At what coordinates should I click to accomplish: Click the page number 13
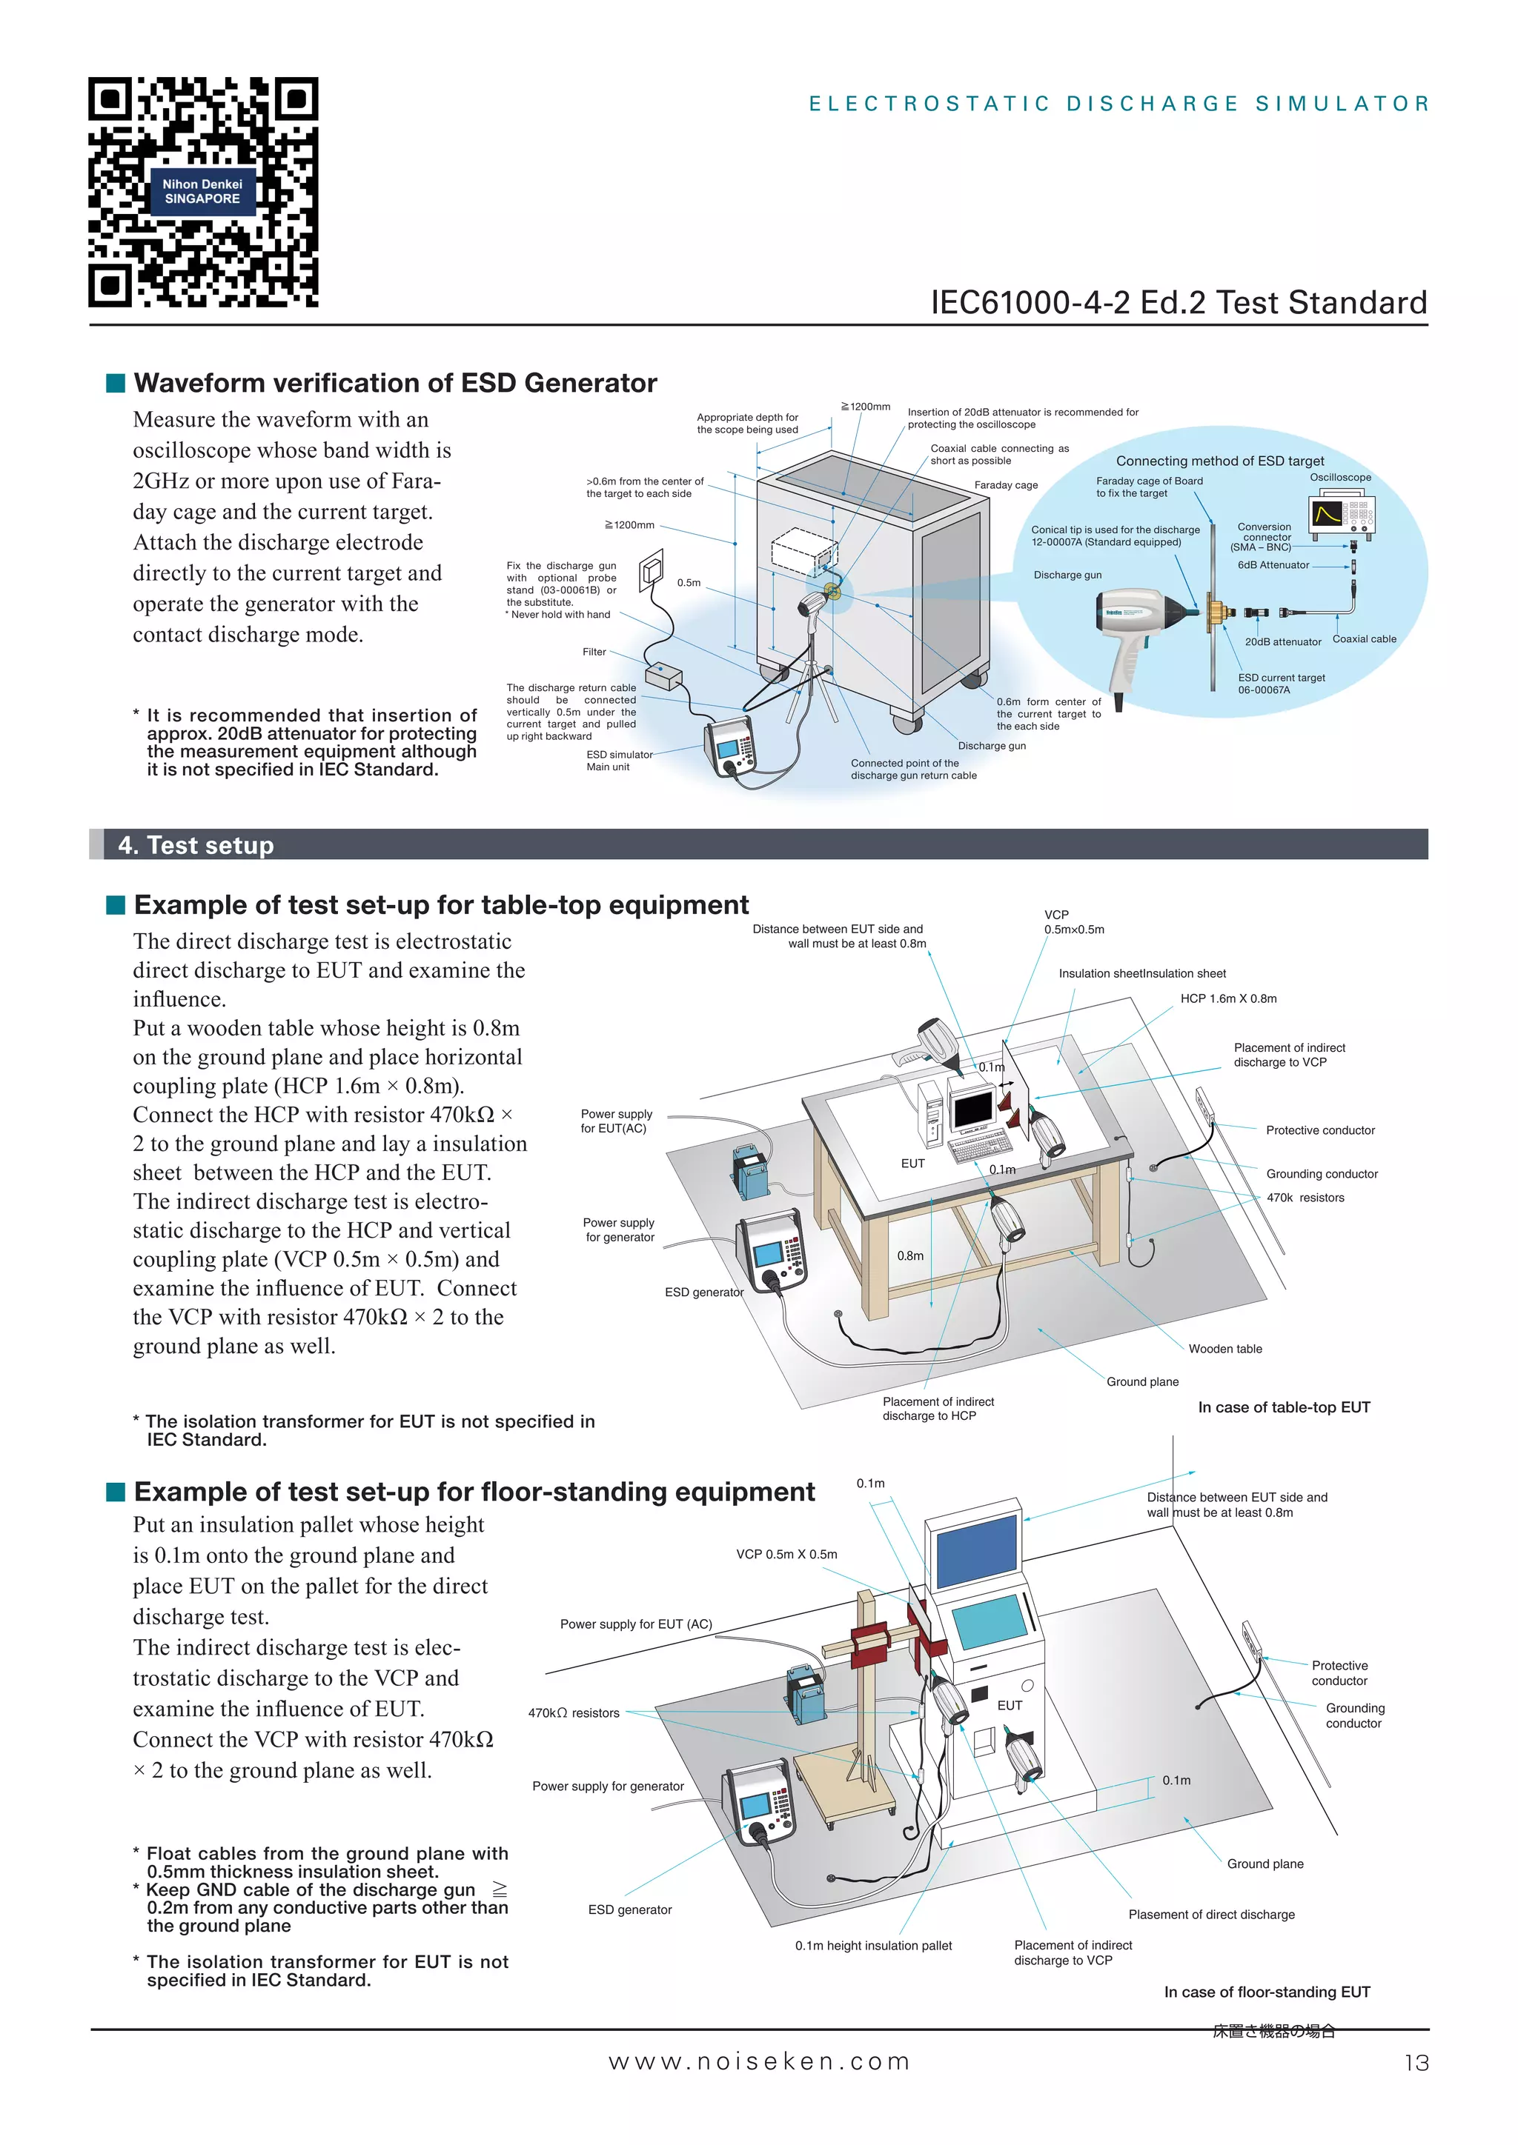pos(1416,2063)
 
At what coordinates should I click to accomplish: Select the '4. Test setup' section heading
pos(196,844)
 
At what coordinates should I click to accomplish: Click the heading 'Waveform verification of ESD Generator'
pos(394,383)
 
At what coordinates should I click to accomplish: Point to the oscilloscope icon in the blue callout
pos(1342,516)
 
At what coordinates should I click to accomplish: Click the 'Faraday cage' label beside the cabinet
pos(1006,485)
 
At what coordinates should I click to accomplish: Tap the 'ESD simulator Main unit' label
pos(618,761)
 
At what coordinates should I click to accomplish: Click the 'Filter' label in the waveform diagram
pos(594,652)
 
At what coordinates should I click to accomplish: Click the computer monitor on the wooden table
pos(972,1110)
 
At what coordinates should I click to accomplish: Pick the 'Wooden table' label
pos(1224,1348)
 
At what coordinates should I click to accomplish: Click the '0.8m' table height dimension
pos(909,1255)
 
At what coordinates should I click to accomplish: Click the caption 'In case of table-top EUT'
pos(1283,1407)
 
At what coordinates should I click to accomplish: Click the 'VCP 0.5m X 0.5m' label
pos(786,1555)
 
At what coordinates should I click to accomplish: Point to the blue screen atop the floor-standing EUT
pos(976,1552)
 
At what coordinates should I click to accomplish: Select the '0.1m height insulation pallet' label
pos(873,1945)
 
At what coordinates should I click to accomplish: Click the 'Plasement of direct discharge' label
pos(1211,1914)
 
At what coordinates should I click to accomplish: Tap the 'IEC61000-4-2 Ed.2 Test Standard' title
pos(1178,303)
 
